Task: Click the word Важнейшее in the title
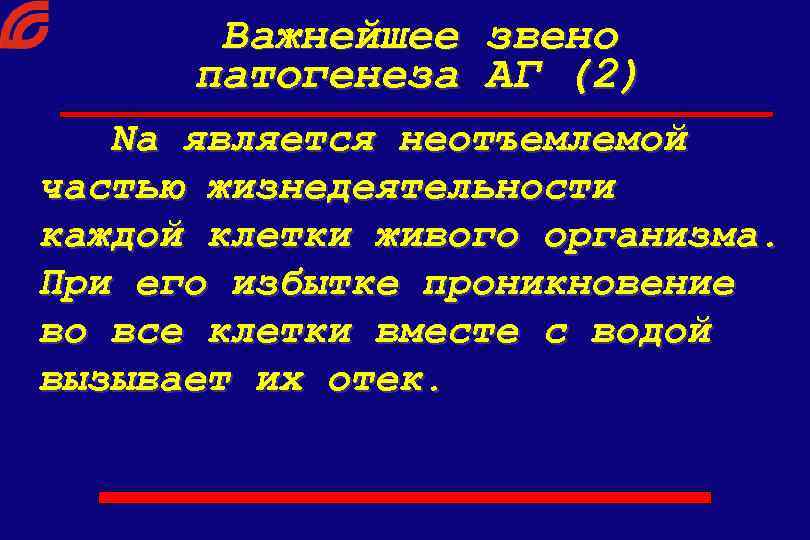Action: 341,37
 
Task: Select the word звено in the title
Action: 552,37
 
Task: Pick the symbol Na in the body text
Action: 135,140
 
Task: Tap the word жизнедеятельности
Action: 411,189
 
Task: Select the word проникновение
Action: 578,285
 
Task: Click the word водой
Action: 651,332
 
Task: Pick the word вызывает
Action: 135,380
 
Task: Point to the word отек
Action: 384,380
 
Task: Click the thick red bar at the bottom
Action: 405,496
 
